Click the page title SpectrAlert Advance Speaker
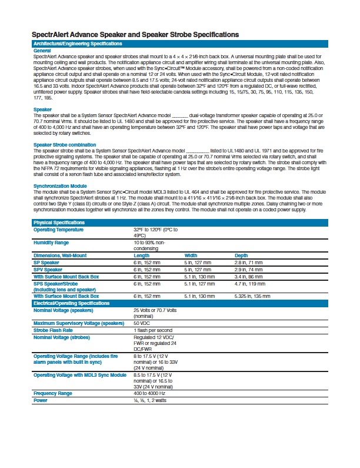point(135,35)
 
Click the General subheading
point(42,51)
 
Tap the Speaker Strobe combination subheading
point(65,144)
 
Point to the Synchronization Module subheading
point(61,185)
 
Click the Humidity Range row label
point(51,243)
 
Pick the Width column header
point(191,255)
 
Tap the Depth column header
point(241,255)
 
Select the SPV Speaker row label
point(48,269)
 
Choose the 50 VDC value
point(141,323)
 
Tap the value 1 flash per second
point(153,330)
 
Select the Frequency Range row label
point(53,393)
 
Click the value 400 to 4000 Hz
point(151,393)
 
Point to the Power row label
point(41,400)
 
